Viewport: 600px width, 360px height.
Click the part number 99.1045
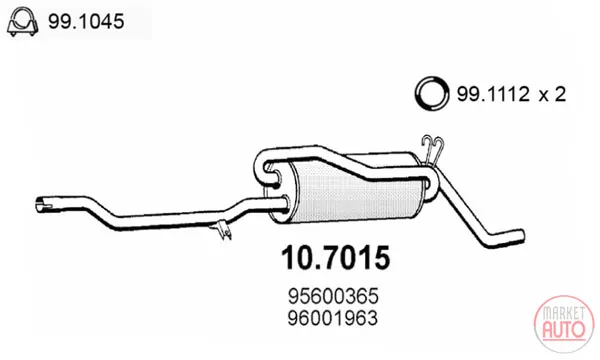tap(86, 21)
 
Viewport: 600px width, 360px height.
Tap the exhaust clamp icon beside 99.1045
tap(22, 21)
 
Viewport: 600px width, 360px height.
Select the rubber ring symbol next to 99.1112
tap(432, 93)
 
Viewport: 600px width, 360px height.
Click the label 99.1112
tap(493, 94)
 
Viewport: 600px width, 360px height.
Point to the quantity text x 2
tap(552, 94)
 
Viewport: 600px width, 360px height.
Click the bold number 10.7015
tap(336, 258)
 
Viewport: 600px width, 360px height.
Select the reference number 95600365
tap(333, 296)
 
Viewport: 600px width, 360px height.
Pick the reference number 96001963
tap(333, 318)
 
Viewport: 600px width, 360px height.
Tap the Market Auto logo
tap(564, 324)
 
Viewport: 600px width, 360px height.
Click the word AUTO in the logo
tap(564, 330)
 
